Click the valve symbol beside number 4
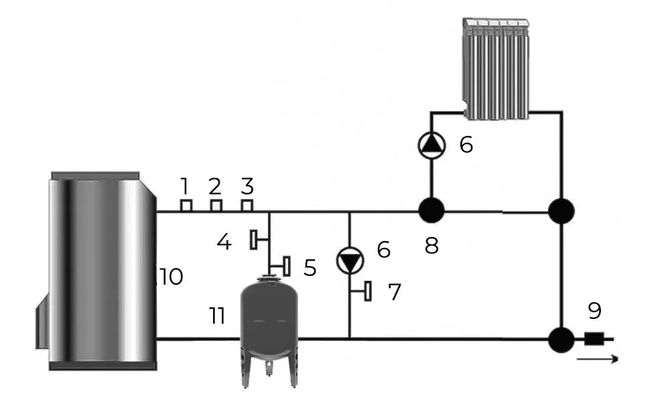point(255,239)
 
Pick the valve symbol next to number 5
point(285,266)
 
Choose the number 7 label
point(395,291)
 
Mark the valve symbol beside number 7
point(367,291)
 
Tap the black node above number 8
point(431,212)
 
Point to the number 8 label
point(431,245)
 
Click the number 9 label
point(594,311)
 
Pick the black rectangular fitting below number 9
point(593,339)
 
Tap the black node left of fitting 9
point(561,339)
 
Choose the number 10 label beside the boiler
point(172,276)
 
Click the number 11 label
point(216,316)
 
